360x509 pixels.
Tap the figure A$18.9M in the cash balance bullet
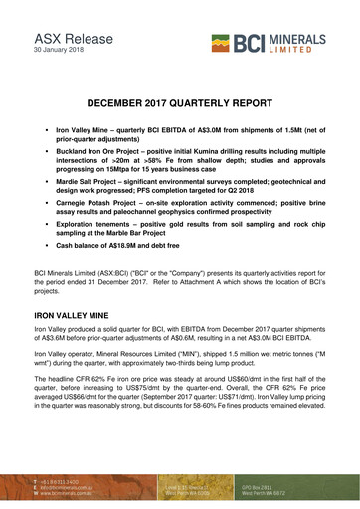129,256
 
